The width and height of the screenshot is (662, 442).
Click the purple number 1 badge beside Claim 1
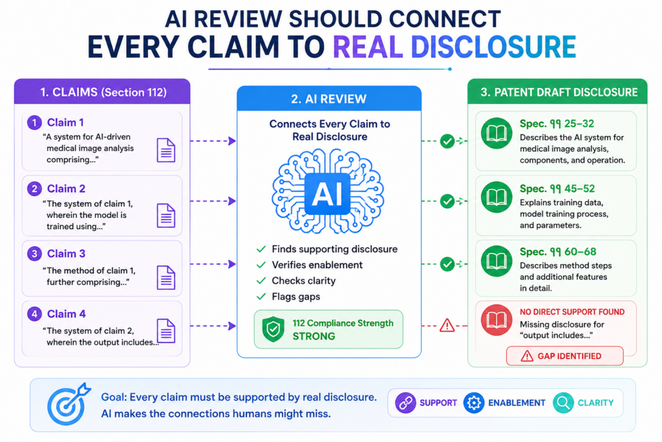click(x=35, y=122)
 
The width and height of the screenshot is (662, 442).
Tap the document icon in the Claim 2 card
click(x=166, y=215)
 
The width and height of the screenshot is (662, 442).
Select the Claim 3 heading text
click(x=67, y=254)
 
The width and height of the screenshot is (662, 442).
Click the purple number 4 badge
click(x=35, y=314)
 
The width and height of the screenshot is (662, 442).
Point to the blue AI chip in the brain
click(x=327, y=194)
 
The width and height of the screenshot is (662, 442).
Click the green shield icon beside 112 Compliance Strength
click(x=273, y=329)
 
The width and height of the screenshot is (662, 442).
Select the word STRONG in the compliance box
click(x=314, y=337)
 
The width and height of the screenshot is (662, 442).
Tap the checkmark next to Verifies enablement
click(x=261, y=265)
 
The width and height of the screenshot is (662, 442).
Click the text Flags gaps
click(x=296, y=296)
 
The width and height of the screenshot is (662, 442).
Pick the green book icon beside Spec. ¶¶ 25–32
click(x=496, y=133)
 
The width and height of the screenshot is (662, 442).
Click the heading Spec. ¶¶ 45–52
click(x=557, y=188)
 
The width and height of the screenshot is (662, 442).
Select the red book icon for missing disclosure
click(x=496, y=320)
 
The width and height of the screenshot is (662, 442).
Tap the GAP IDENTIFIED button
click(x=565, y=356)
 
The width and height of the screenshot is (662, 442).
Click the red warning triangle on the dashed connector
click(x=447, y=326)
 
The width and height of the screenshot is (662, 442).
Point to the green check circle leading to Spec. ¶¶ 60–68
click(x=447, y=264)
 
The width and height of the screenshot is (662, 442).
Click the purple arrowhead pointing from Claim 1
click(x=232, y=140)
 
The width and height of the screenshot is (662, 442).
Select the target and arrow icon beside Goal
click(x=67, y=404)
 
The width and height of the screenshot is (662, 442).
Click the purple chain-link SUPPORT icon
click(x=405, y=403)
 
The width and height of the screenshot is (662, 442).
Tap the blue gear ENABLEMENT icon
click(x=474, y=403)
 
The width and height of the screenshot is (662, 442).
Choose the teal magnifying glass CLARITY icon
click(x=563, y=403)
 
